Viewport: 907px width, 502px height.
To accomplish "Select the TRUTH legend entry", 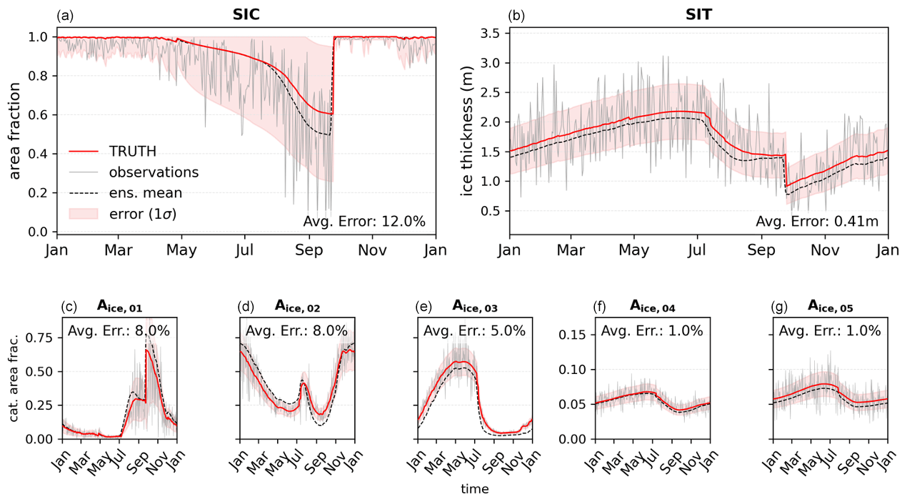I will point(133,152).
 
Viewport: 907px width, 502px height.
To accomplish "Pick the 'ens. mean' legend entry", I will point(146,193).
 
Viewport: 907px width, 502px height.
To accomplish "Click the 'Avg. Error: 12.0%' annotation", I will point(364,221).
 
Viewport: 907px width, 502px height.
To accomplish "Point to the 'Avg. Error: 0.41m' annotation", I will point(818,221).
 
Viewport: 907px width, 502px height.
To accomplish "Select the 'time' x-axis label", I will point(475,489).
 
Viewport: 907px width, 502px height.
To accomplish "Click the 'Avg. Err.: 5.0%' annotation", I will point(474,330).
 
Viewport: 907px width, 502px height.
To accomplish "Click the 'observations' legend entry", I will point(154,172).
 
